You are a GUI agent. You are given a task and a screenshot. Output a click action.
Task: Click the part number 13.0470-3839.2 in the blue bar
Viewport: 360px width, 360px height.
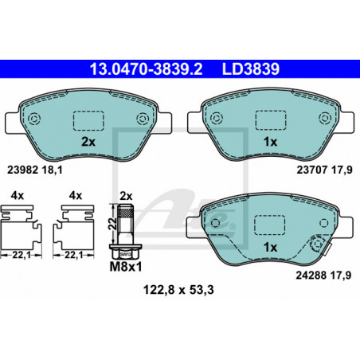click(146, 69)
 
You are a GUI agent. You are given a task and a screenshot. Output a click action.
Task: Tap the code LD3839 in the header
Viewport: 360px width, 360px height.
click(251, 69)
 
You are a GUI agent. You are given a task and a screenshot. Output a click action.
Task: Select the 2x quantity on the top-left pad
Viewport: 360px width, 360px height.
click(88, 142)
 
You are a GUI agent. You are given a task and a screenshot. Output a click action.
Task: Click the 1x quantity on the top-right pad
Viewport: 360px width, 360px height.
click(270, 142)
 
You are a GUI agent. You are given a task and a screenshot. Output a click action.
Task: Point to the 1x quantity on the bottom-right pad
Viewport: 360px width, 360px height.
click(270, 248)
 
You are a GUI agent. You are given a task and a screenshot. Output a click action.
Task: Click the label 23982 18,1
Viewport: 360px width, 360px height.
click(35, 170)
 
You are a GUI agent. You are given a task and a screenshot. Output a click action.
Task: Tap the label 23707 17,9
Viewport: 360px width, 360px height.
click(324, 170)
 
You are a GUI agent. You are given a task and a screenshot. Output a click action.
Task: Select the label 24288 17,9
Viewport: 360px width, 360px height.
click(323, 276)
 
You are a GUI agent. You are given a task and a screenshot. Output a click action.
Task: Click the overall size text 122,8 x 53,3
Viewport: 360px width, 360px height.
click(178, 290)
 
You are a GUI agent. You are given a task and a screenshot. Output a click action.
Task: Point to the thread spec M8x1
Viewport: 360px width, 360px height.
click(126, 267)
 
